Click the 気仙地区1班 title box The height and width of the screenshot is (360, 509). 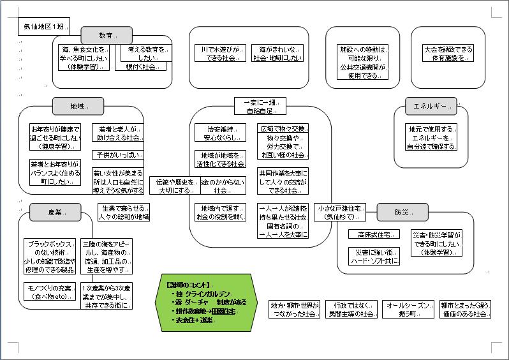pos(42,27)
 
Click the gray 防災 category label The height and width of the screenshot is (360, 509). pos(401,212)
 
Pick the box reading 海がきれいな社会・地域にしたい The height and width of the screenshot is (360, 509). pos(276,53)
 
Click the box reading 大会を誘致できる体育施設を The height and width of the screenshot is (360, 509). pos(448,53)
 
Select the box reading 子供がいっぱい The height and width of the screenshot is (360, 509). pos(118,154)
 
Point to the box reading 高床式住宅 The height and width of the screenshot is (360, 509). pos(374,234)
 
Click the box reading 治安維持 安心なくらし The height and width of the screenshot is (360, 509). pos(219,133)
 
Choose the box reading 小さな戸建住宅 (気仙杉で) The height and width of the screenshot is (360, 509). pos(341,213)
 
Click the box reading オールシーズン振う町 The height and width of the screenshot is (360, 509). pos(409,310)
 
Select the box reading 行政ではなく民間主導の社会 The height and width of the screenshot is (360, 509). pos(350,310)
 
